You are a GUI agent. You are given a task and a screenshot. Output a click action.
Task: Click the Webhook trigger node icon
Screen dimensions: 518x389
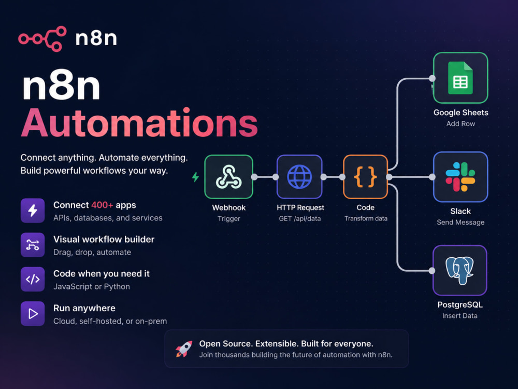(228, 177)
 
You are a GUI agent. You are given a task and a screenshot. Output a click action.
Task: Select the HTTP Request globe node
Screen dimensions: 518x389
(299, 177)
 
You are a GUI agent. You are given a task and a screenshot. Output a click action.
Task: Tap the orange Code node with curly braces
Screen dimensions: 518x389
(365, 177)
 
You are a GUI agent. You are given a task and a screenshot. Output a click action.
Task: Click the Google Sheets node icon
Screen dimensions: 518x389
(461, 78)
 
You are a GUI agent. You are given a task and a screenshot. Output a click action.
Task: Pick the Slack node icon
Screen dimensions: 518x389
(461, 177)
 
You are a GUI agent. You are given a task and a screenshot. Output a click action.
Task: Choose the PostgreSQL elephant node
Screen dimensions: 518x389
(460, 270)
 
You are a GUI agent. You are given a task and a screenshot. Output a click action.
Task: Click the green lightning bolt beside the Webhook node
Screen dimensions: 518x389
(196, 177)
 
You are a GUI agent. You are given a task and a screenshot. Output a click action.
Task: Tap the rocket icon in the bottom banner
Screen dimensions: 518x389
(184, 349)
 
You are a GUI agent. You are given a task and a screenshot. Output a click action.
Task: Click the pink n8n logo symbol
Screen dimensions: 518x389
(42, 39)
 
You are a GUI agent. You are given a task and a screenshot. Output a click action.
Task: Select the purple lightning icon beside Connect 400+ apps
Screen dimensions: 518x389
(33, 211)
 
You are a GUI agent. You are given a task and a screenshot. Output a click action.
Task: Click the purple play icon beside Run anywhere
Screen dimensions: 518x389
(33, 314)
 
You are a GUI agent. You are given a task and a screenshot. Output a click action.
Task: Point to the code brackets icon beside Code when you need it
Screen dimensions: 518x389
(33, 279)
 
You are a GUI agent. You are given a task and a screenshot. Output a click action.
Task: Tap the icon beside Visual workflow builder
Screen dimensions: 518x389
(33, 245)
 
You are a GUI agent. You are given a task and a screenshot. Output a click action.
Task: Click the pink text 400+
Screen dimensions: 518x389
(102, 205)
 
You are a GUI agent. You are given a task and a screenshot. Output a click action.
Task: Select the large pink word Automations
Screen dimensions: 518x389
(139, 123)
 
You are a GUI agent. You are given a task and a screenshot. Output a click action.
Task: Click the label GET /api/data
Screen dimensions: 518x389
(299, 219)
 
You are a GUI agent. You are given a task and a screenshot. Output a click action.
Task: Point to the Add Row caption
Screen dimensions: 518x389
(461, 124)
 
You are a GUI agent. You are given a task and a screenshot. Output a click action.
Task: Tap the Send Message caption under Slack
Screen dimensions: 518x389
(461, 223)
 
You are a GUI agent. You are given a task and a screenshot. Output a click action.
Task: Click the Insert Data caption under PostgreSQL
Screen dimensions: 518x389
(460, 316)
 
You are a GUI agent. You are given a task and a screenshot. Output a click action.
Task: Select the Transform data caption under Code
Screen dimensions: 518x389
(366, 219)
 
